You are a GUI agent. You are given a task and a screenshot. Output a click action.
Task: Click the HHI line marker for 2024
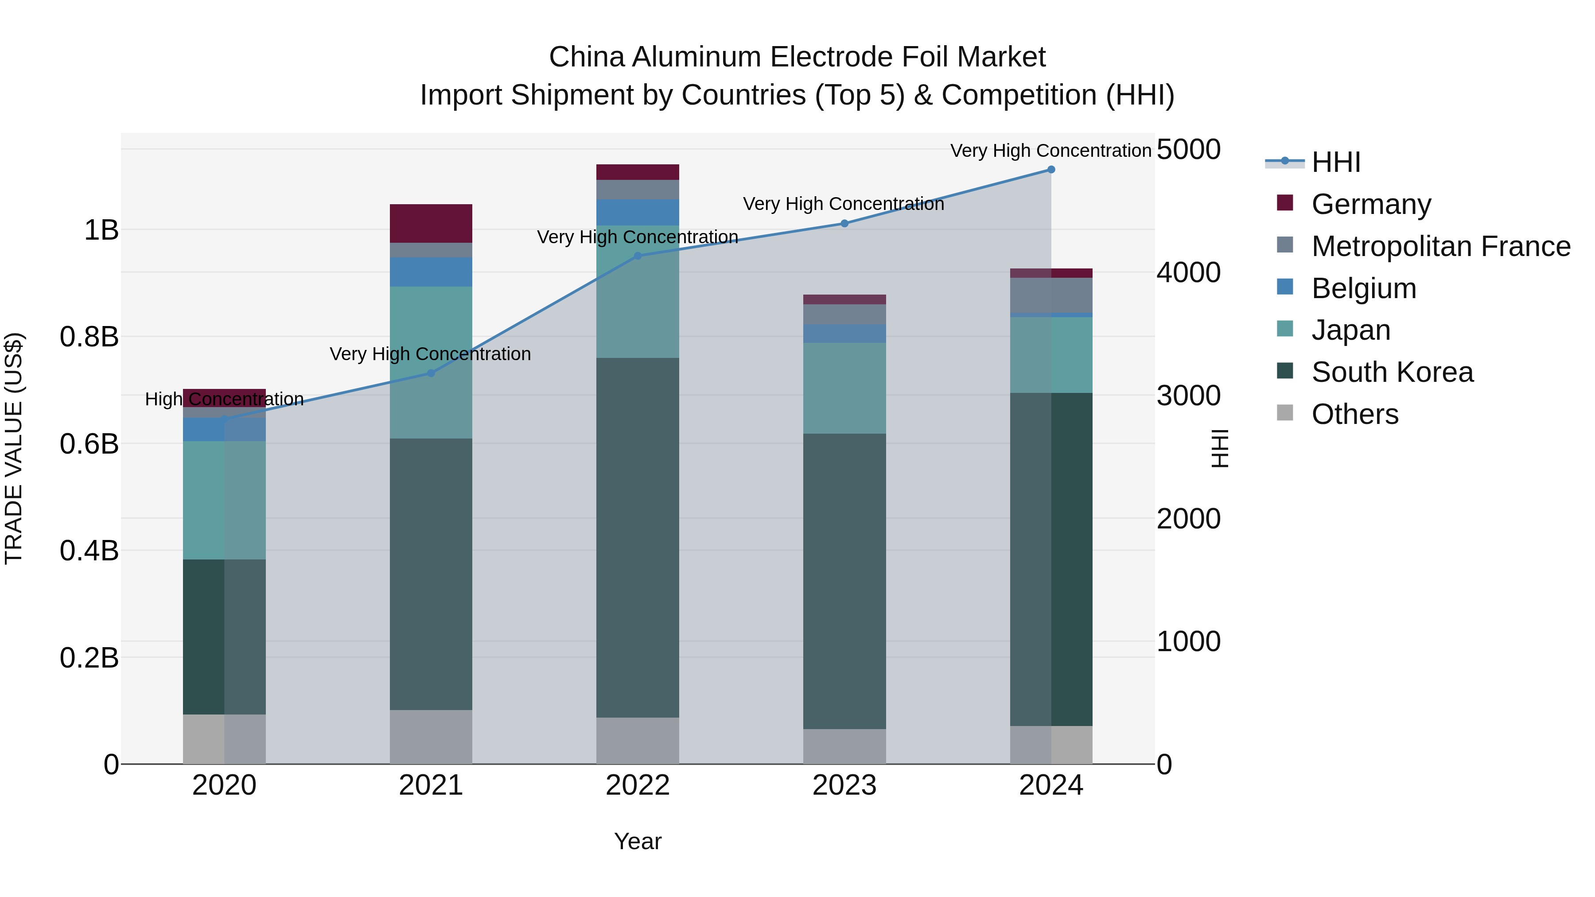(x=1051, y=170)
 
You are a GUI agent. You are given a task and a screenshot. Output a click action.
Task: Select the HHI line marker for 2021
(x=431, y=373)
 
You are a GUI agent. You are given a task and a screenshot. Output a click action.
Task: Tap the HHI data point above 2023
(x=844, y=224)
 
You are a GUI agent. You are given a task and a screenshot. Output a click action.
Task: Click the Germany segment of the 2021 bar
(x=431, y=224)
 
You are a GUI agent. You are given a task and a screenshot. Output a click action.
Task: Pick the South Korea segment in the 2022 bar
(x=637, y=537)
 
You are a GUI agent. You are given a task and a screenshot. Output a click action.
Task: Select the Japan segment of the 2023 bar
(x=844, y=388)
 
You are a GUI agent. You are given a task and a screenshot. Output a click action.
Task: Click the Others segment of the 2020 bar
(x=224, y=739)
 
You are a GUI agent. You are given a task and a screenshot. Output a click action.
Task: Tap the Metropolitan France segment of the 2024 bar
(x=1051, y=296)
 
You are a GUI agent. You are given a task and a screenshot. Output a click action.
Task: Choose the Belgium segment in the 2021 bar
(x=431, y=272)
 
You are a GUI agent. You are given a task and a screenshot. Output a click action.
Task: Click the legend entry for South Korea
(x=1392, y=373)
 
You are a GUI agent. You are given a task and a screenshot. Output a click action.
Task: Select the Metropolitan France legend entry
(x=1440, y=246)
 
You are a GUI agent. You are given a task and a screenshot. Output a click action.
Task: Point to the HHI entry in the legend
(x=1335, y=162)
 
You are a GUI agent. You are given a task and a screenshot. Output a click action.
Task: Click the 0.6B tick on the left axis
(x=89, y=444)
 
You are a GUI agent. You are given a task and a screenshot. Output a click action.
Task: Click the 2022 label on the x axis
(x=637, y=785)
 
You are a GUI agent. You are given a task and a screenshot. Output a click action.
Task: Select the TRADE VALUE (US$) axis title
(x=14, y=448)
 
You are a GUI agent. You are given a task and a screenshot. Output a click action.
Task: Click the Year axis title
(x=637, y=841)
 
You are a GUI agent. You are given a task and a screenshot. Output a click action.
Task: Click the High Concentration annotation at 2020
(x=224, y=399)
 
